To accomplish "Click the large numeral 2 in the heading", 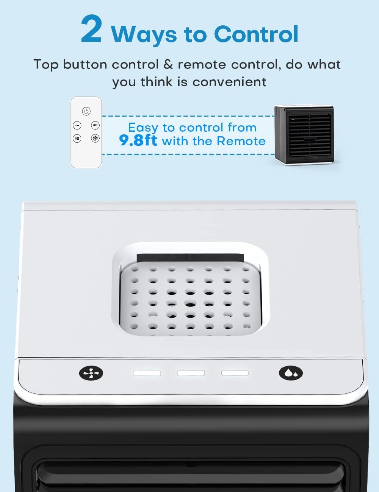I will [91, 30].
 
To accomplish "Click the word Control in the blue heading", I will [256, 34].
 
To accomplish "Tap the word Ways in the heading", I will [144, 34].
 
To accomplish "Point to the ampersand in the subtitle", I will [168, 64].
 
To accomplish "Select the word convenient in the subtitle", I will [229, 82].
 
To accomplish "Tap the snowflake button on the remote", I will [95, 139].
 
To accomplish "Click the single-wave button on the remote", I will [77, 125].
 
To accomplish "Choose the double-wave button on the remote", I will [95, 125].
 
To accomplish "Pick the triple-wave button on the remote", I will [77, 139].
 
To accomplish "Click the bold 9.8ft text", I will [138, 141].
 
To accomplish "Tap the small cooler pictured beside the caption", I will [304, 134].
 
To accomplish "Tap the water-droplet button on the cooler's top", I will [291, 373].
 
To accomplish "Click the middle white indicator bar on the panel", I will [191, 373].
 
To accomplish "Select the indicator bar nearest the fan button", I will [147, 373].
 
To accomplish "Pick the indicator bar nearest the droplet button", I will [235, 373].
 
